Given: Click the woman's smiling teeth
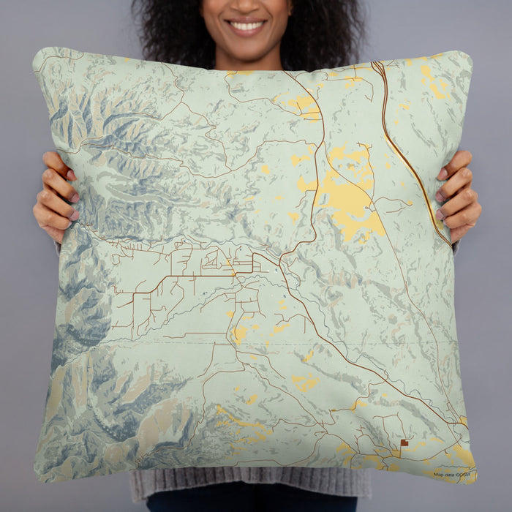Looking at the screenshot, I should pyautogui.click(x=247, y=26).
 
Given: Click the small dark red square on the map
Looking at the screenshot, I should pyautogui.click(x=404, y=443).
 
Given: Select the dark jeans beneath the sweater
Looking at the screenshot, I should pyautogui.click(x=249, y=505).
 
